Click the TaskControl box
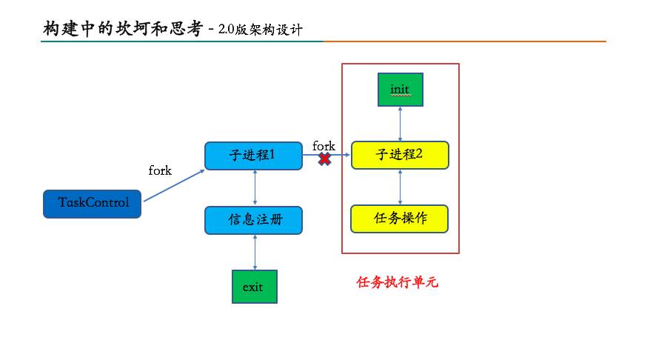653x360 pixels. click(92, 203)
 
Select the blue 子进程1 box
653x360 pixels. click(253, 156)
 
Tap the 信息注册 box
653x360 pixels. click(253, 220)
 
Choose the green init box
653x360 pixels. click(400, 90)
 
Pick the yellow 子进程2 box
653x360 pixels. click(400, 155)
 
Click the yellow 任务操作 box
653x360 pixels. click(400, 219)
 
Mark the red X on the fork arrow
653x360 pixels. click(324, 159)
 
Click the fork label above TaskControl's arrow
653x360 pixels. click(160, 171)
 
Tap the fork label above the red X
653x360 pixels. click(324, 145)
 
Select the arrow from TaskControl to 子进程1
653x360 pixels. click(173, 185)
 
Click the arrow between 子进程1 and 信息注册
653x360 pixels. click(255, 188)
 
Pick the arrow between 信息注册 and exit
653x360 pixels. click(255, 252)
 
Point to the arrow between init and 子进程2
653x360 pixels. click(401, 122)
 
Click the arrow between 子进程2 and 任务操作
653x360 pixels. click(401, 187)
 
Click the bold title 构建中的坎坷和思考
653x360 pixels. click(123, 28)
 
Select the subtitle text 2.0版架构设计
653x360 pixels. click(260, 30)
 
